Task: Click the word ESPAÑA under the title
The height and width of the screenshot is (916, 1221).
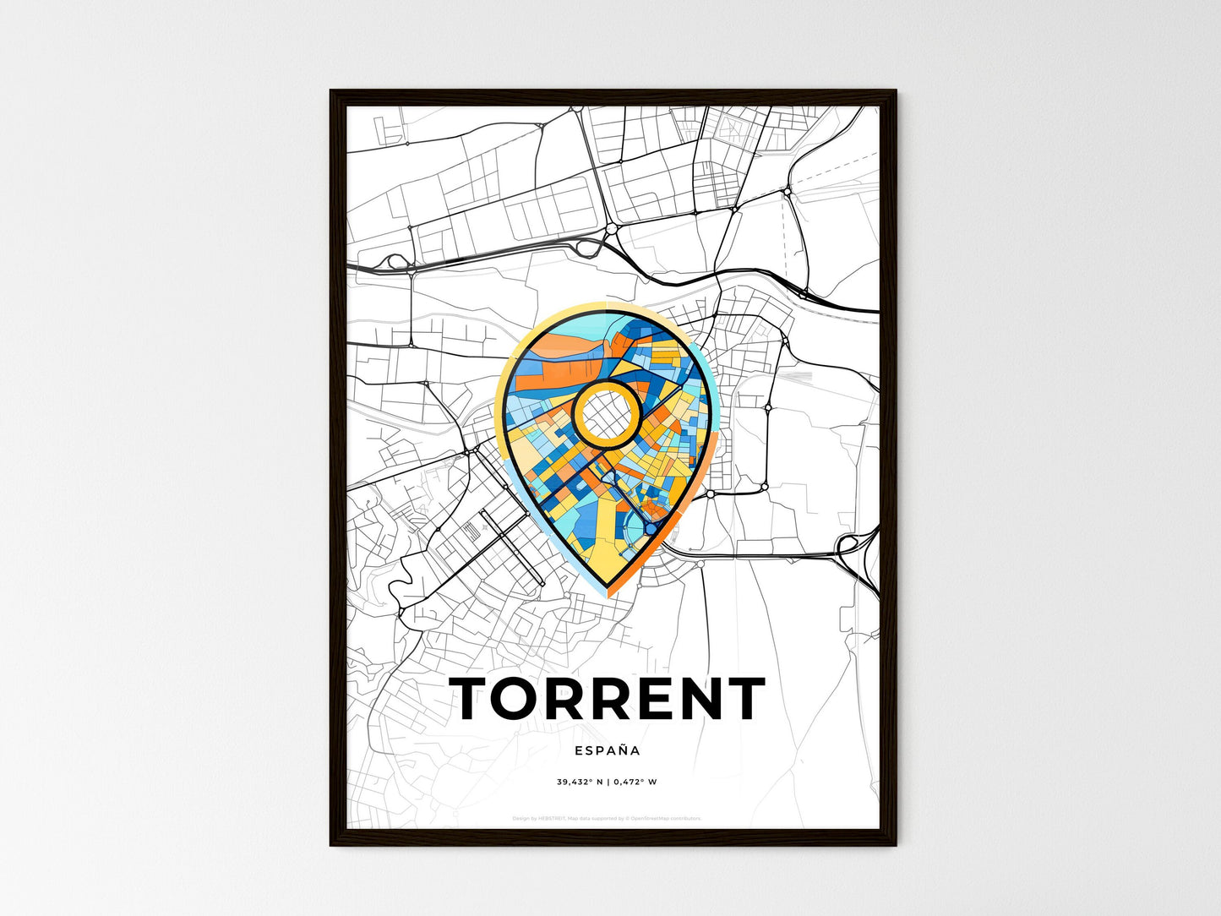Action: coord(607,750)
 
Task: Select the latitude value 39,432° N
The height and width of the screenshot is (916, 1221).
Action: coord(579,782)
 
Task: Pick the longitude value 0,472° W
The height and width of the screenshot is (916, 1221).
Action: coord(635,782)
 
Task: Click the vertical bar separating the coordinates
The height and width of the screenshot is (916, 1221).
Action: coord(608,782)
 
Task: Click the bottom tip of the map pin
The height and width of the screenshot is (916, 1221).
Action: coord(608,586)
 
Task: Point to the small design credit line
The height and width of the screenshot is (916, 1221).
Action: coord(607,818)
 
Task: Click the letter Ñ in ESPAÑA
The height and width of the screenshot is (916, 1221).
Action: coord(624,750)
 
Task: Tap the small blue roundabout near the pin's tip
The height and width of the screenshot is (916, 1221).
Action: coord(652,528)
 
